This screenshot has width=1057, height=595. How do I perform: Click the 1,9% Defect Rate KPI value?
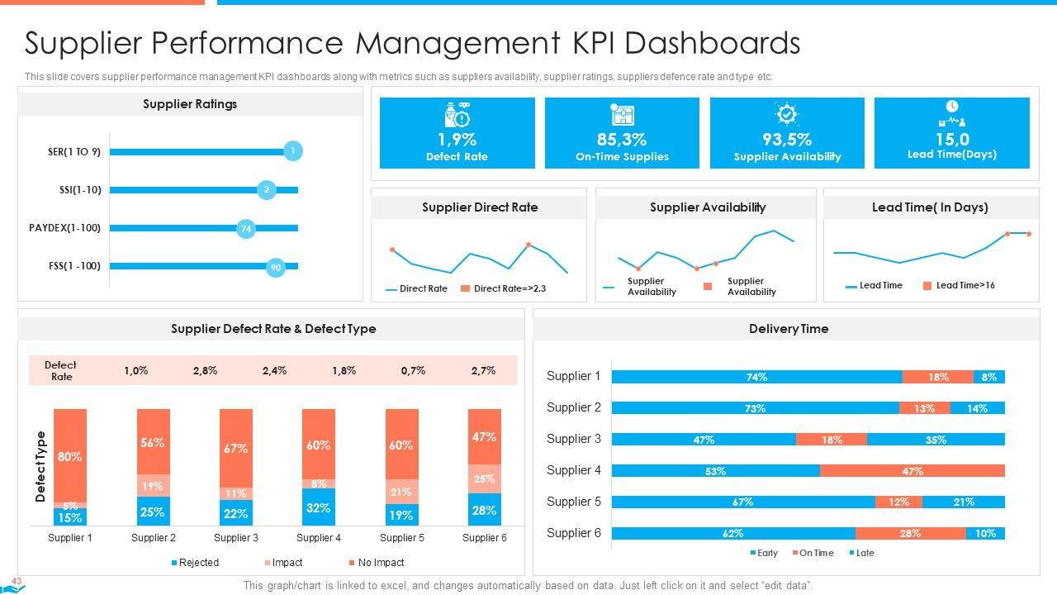click(457, 140)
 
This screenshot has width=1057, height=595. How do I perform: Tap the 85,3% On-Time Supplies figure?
click(622, 140)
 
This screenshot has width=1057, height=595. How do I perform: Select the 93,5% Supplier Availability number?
click(787, 140)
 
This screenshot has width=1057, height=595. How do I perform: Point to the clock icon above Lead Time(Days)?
click(952, 107)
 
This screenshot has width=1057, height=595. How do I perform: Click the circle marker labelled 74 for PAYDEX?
click(245, 229)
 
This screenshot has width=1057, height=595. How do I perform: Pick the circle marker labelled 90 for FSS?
click(276, 267)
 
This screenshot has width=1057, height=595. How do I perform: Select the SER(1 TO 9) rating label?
click(74, 152)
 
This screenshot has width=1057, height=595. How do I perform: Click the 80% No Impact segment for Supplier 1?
click(70, 455)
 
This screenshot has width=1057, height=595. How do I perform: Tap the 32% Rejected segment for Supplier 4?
click(319, 507)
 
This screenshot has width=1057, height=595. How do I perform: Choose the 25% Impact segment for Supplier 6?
click(485, 478)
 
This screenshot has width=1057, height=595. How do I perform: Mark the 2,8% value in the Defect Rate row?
click(206, 371)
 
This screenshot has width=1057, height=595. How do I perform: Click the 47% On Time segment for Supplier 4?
click(912, 471)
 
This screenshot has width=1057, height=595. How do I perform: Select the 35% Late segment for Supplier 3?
click(936, 440)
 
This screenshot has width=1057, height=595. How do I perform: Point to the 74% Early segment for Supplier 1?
click(756, 377)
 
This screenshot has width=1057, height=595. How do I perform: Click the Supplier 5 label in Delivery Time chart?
click(574, 502)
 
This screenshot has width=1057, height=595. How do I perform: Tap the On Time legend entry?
click(813, 553)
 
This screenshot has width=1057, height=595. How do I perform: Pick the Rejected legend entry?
click(195, 563)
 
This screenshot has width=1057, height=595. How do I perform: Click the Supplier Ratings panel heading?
click(190, 104)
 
